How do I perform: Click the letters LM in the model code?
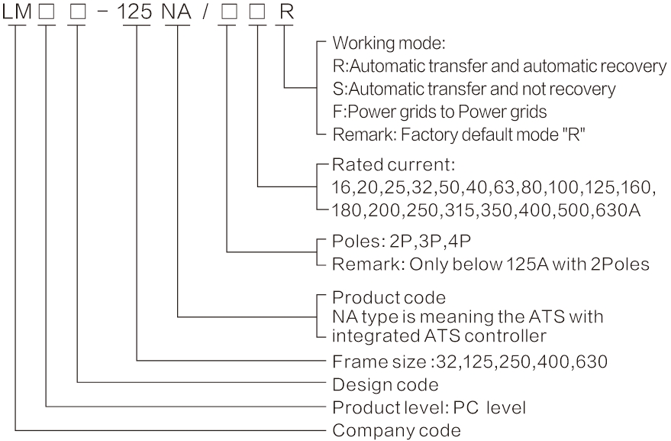click(18, 15)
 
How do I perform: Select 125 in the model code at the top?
click(137, 15)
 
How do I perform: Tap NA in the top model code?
click(177, 15)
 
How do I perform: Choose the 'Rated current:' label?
click(373, 164)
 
